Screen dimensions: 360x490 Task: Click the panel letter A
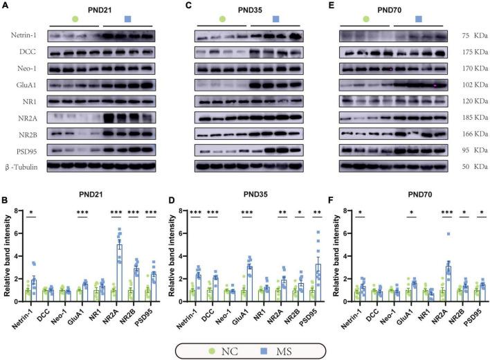(x=6, y=6)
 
